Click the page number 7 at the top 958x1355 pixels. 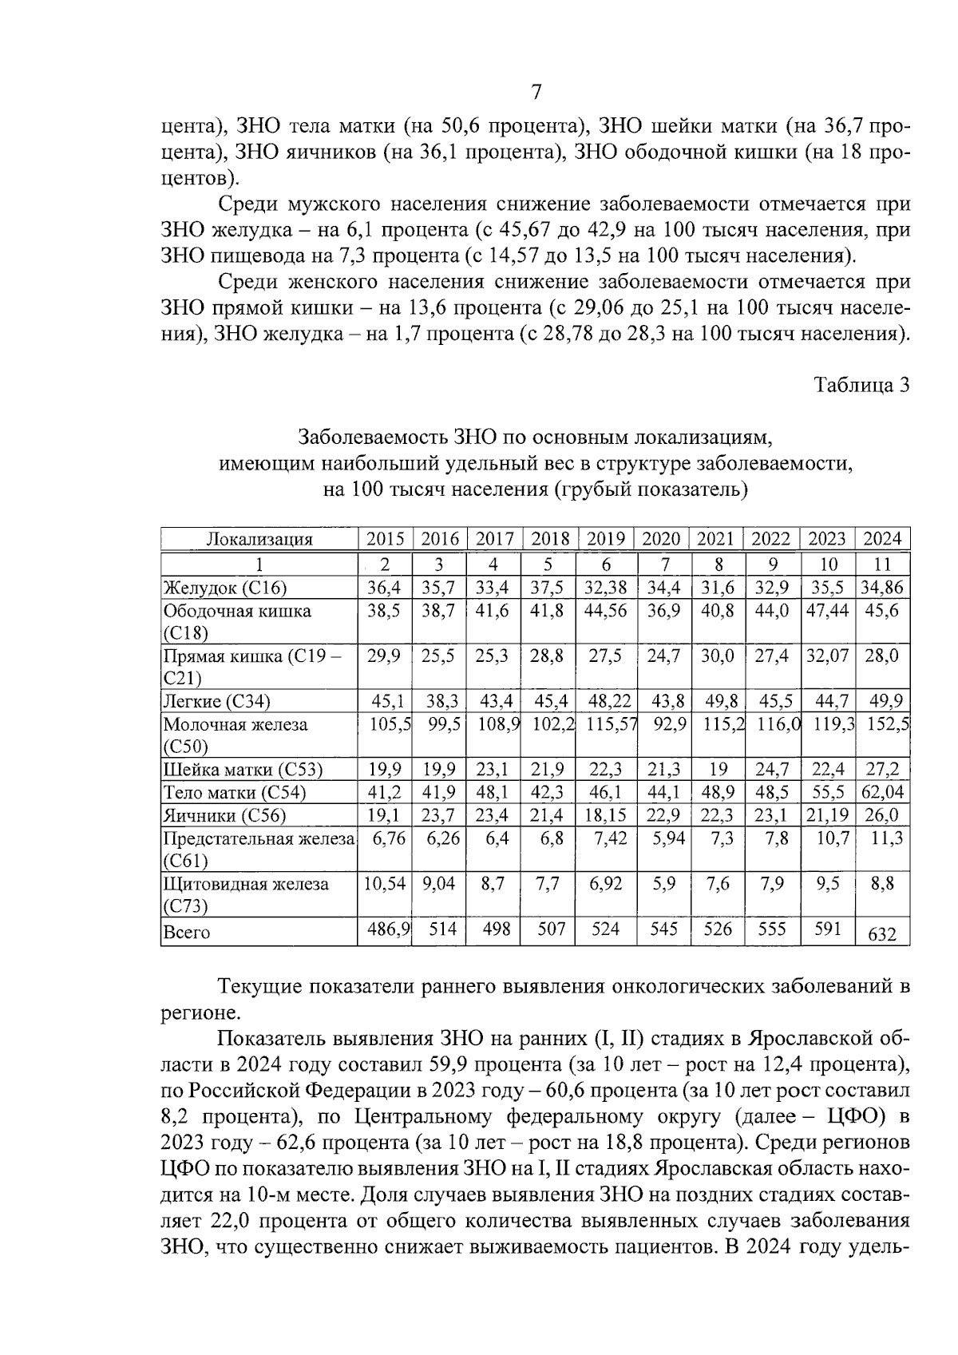[536, 93]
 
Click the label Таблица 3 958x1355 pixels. [861, 386]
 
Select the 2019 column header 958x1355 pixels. [606, 539]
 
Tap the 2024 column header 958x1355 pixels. [882, 539]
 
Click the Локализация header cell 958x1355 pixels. [259, 539]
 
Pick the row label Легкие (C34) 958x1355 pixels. [216, 702]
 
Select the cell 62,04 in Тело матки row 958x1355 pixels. [882, 793]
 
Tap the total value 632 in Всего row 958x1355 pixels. [882, 933]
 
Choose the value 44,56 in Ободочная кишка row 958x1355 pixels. [606, 611]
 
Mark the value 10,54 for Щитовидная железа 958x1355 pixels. [385, 884]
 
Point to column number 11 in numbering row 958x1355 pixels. [882, 565]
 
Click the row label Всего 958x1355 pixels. [186, 933]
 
